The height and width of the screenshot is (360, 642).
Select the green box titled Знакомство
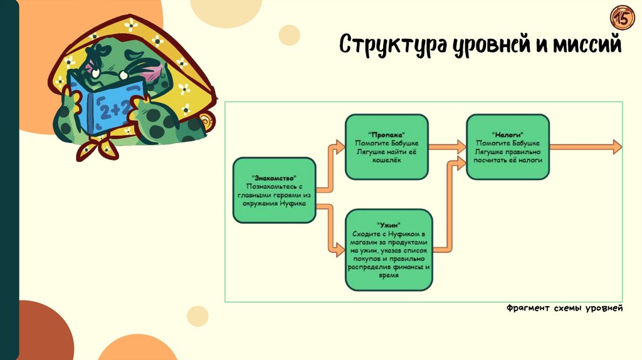coord(274,190)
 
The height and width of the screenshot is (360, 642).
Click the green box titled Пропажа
coord(387,147)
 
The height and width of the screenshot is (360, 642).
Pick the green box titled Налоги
coord(508,147)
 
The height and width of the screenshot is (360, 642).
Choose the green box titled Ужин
coord(389,250)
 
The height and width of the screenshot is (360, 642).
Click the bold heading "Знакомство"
coord(274,179)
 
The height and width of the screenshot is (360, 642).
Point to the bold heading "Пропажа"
coord(387,134)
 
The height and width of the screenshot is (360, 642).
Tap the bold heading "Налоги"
coord(508,134)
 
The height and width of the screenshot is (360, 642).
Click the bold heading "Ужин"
coord(389,225)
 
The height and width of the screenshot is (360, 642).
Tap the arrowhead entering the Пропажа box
coord(340,147)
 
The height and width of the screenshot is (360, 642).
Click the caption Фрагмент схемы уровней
coord(564,308)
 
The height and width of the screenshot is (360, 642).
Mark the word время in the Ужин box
coord(389,275)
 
